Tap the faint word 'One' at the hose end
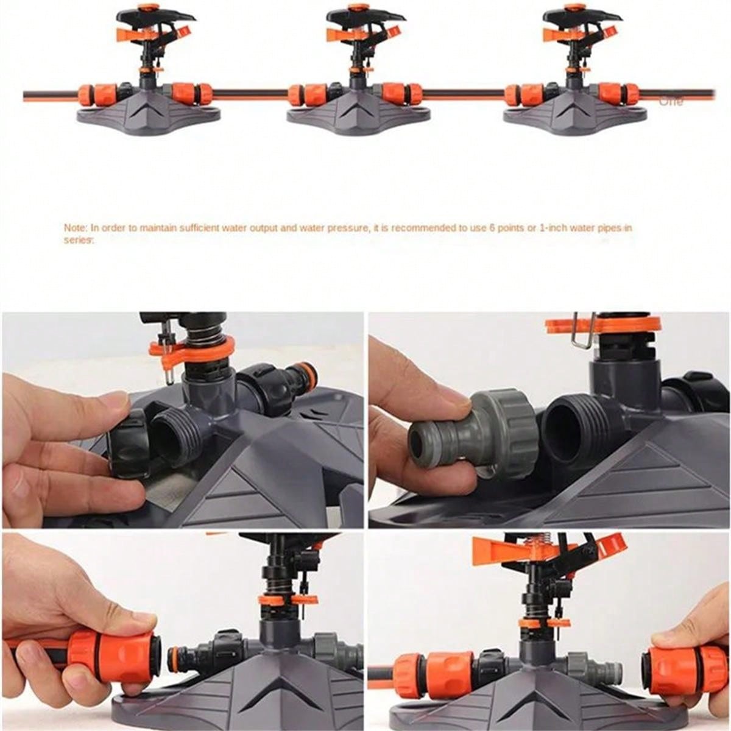(671, 102)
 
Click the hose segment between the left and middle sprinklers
(250, 95)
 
